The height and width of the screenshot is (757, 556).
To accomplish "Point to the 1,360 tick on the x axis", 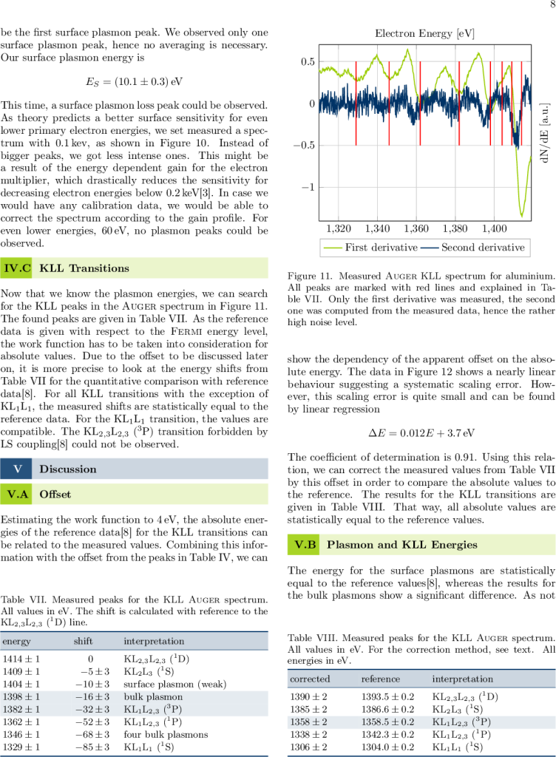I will click(417, 228).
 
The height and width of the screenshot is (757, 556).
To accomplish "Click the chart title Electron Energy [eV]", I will click(424, 34).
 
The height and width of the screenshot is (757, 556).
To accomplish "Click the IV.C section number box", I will click(17, 268).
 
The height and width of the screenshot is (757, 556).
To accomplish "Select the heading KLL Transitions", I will click(84, 268).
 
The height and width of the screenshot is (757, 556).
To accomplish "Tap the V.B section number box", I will click(305, 545).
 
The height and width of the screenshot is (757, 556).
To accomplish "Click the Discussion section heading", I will click(68, 469).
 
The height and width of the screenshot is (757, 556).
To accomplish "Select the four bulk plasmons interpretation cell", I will click(166, 735).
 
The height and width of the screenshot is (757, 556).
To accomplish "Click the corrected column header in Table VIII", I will click(310, 679).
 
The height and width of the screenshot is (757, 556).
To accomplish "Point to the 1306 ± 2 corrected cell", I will click(309, 747).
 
